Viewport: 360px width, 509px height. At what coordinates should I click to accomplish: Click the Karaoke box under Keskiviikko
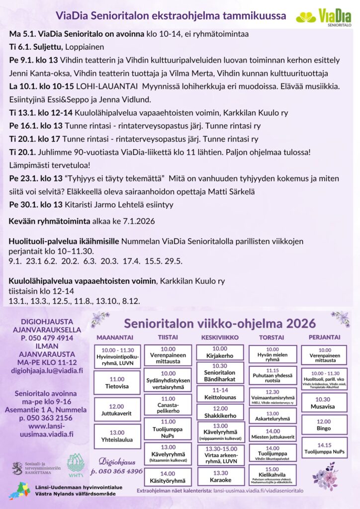pos(220,476)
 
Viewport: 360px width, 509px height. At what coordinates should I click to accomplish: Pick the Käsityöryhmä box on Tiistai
pos(169,477)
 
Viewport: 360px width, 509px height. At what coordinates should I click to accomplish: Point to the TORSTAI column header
pos(271,337)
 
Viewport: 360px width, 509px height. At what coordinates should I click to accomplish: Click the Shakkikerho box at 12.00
pos(220,412)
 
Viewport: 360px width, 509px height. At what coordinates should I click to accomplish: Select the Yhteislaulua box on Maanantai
pos(117,436)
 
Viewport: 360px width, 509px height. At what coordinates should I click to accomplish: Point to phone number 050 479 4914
pos(48,338)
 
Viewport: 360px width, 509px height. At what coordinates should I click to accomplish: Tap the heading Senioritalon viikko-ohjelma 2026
pos(220,323)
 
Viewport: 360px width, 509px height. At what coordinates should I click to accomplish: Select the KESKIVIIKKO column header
pos(220,337)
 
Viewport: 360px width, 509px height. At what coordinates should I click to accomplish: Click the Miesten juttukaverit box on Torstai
pos(272,433)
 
